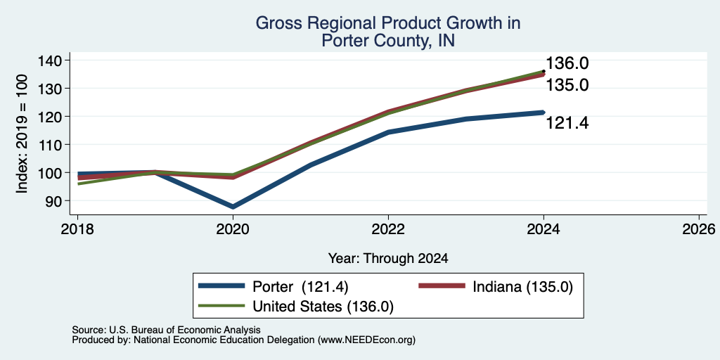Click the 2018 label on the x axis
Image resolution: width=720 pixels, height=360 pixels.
(77, 229)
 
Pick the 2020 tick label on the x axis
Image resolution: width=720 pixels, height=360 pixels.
(233, 229)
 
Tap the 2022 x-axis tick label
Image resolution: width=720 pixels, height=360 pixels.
(388, 229)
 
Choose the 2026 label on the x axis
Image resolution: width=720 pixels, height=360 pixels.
(699, 229)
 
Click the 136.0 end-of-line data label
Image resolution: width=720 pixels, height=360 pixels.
(567, 64)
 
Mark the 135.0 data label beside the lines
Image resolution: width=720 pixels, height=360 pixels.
(567, 85)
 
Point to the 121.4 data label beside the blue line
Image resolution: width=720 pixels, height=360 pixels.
(567, 123)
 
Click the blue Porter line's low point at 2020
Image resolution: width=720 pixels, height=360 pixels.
(233, 207)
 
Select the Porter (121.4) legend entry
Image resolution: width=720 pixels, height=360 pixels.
(274, 287)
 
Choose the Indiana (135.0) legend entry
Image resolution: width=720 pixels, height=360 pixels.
(496, 287)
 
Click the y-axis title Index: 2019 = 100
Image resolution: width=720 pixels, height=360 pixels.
(22, 134)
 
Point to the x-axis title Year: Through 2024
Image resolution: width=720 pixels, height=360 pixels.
(388, 259)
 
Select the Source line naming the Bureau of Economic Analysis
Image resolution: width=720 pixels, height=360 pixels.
(166, 330)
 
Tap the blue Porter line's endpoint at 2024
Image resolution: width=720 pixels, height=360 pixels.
(544, 112)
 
